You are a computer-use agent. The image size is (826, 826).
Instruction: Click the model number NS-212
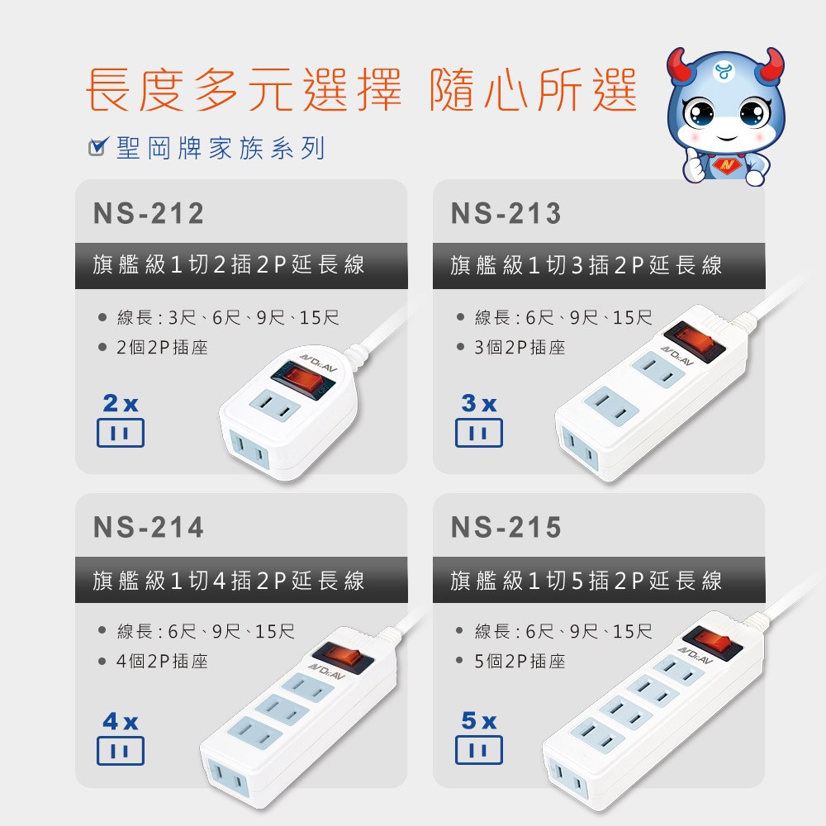(x=149, y=213)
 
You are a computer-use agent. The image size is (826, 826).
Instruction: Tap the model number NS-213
(x=506, y=213)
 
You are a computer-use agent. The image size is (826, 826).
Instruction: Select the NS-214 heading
(x=149, y=527)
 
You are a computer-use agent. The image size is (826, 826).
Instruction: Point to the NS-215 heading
(x=506, y=527)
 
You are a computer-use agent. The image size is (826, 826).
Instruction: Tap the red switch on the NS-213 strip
(x=695, y=339)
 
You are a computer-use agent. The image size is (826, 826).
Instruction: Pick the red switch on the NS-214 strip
(x=343, y=657)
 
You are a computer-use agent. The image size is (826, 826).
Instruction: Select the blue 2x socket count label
(x=121, y=404)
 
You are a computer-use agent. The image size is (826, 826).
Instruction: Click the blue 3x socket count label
(x=479, y=404)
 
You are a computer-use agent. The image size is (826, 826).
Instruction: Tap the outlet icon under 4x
(x=120, y=750)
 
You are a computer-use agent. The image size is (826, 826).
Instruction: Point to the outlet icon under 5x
(x=479, y=750)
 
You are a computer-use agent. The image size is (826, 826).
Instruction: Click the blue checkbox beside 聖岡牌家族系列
(x=98, y=146)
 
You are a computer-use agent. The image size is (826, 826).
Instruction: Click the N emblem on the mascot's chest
(x=728, y=166)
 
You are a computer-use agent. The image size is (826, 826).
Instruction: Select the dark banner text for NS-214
(x=228, y=580)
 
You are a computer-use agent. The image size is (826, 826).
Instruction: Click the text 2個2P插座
(x=162, y=347)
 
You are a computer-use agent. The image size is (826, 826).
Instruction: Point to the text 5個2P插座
(x=520, y=661)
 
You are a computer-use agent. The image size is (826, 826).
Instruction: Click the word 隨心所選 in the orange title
(x=533, y=89)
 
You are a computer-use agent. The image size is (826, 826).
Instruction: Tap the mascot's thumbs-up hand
(x=695, y=165)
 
